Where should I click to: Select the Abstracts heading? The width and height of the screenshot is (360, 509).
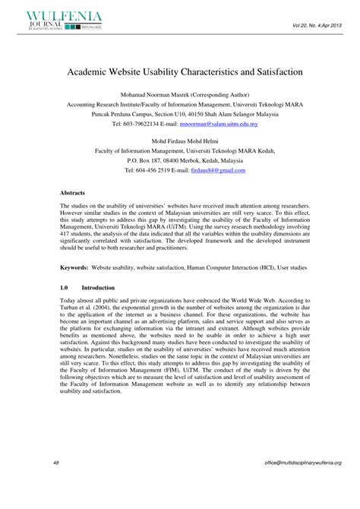pyautogui.click(x=74, y=193)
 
